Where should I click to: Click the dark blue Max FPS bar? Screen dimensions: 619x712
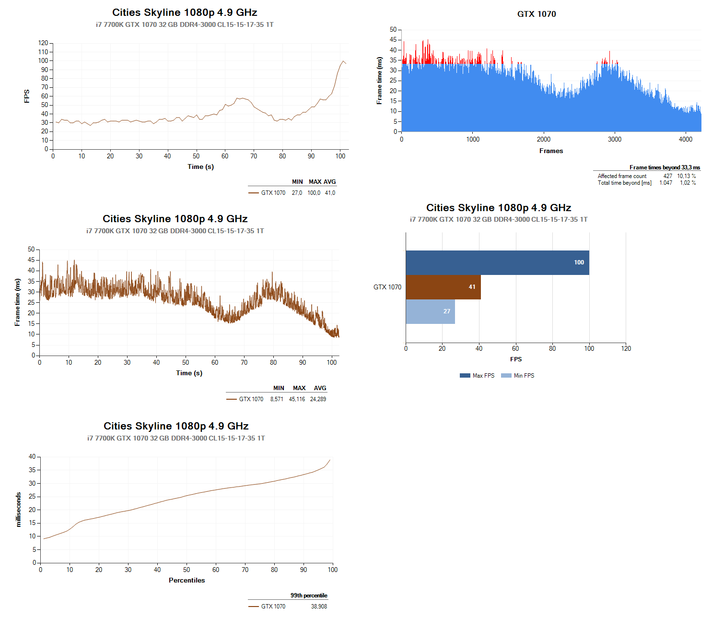tap(497, 262)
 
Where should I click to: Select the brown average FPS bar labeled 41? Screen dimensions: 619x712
tap(443, 287)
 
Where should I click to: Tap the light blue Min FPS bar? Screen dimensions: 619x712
tap(430, 311)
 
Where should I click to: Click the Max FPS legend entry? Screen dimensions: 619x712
tap(477, 376)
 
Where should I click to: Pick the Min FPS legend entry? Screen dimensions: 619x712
tap(518, 376)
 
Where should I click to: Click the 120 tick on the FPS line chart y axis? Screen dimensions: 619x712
tap(43, 43)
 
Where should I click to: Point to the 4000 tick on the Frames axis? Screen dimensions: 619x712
tap(685, 140)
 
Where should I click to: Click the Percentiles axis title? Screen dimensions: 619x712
tap(187, 580)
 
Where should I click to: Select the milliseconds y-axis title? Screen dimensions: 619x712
tap(19, 510)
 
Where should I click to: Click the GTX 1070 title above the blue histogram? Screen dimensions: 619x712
tap(537, 14)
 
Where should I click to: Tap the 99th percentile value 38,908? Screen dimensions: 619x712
tap(319, 607)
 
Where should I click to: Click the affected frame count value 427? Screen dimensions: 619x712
tap(667, 176)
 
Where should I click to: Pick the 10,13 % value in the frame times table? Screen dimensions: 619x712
tap(686, 176)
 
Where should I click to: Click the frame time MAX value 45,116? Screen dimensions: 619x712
tap(297, 399)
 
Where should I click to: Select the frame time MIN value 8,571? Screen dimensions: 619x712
tap(277, 399)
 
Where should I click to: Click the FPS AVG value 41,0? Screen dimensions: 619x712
tap(330, 193)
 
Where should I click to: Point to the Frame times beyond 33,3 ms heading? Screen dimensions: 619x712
tap(665, 167)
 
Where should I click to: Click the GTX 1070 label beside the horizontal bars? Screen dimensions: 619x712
tap(387, 287)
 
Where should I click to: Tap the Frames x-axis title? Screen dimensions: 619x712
tap(551, 151)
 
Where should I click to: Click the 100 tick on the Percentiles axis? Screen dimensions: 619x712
tap(333, 570)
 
